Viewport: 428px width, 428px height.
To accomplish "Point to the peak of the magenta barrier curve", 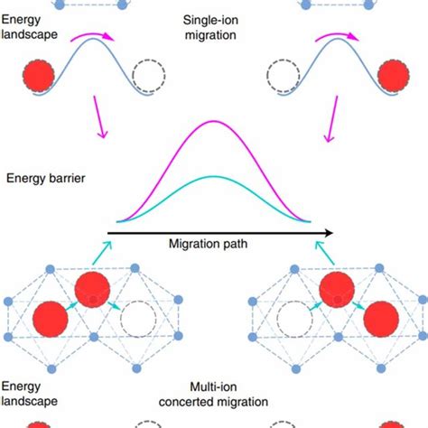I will [213, 121].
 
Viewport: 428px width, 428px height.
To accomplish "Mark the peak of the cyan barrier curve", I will [213, 176].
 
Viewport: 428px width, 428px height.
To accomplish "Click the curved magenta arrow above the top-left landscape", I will [90, 34].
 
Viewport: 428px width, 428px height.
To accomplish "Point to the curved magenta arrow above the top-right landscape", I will [338, 34].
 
